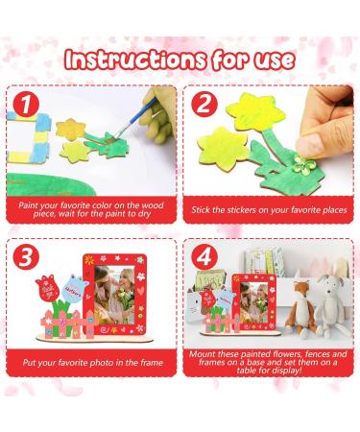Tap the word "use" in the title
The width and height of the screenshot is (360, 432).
click(271, 59)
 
